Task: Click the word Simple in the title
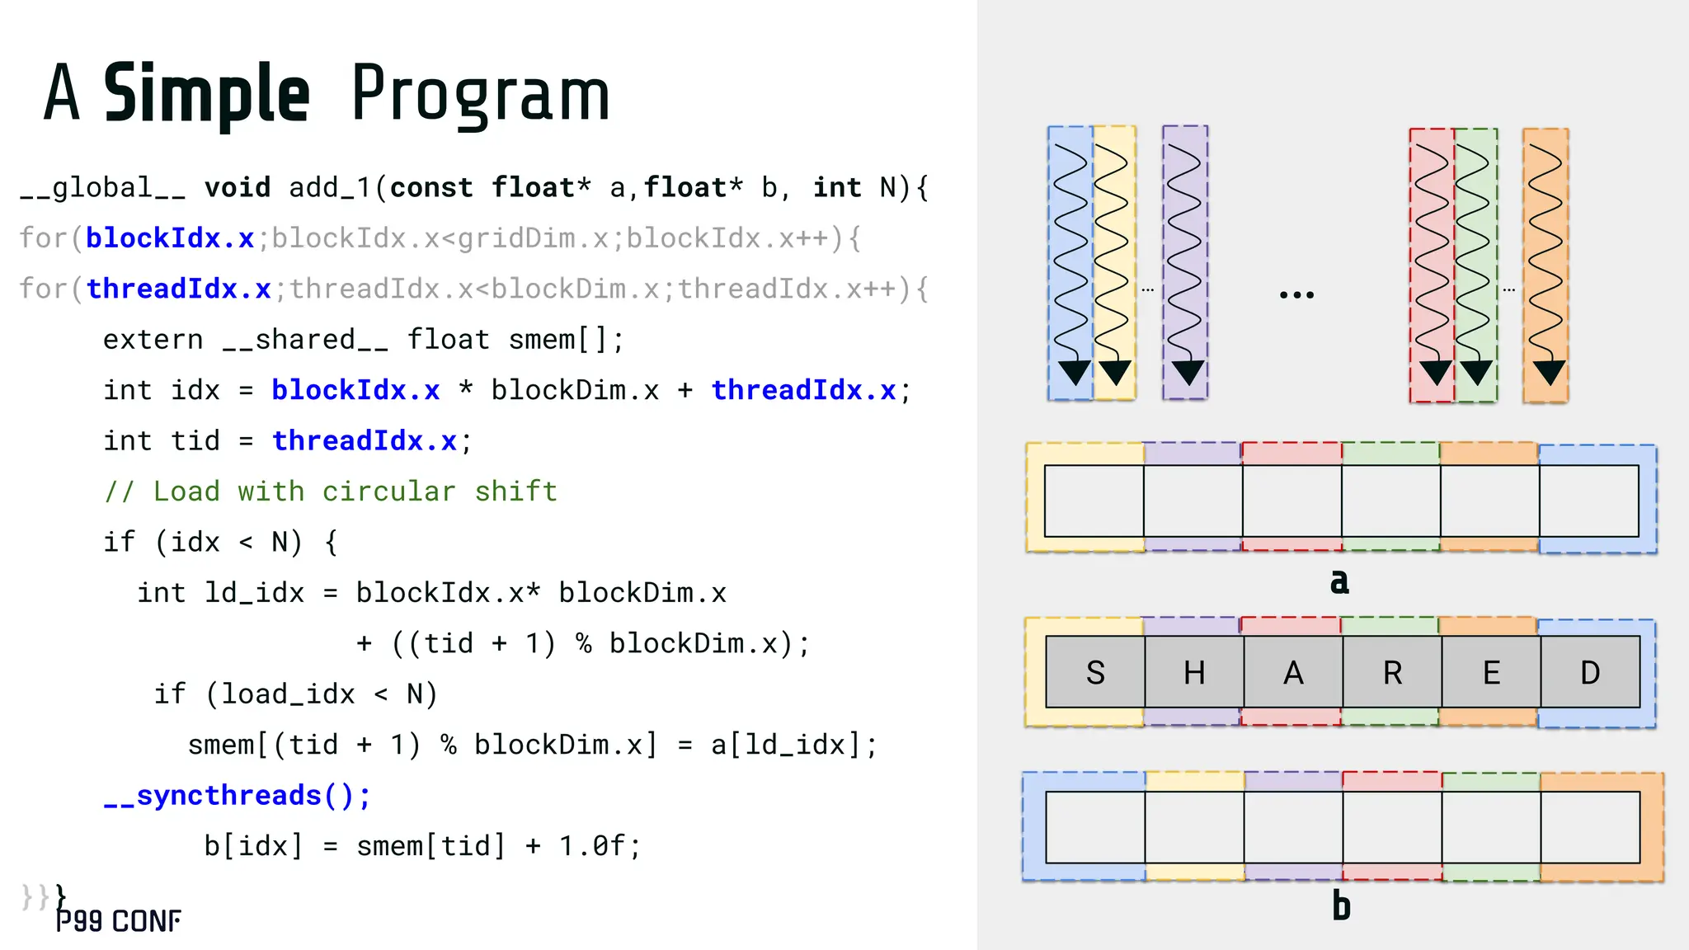pyautogui.click(x=206, y=94)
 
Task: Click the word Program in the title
pyautogui.click(x=480, y=94)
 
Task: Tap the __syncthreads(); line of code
pyautogui.click(x=238, y=795)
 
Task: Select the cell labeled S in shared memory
pyautogui.click(x=1094, y=672)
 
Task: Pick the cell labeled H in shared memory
pyautogui.click(x=1193, y=672)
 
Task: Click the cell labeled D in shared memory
pyautogui.click(x=1589, y=672)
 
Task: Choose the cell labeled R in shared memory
pyautogui.click(x=1391, y=672)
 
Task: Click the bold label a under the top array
pyautogui.click(x=1339, y=581)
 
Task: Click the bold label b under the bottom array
pyautogui.click(x=1341, y=906)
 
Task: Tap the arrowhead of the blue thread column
pyautogui.click(x=1074, y=372)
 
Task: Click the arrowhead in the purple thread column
pyautogui.click(x=1188, y=372)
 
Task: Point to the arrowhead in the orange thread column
pyautogui.click(x=1549, y=372)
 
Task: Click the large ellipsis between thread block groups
pyautogui.click(x=1296, y=294)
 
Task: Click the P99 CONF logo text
pyautogui.click(x=118, y=921)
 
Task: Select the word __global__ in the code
pyautogui.click(x=103, y=188)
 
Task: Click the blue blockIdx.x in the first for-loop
pyautogui.click(x=169, y=238)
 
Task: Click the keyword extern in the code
pyautogui.click(x=153, y=340)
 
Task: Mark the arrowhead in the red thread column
pyautogui.click(x=1435, y=372)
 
